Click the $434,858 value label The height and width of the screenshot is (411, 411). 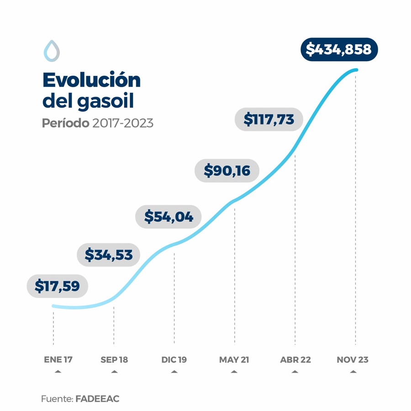coord(339,49)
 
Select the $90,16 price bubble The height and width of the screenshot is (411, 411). coord(227,170)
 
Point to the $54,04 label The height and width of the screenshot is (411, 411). coord(169,216)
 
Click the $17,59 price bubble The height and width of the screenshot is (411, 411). coord(58,286)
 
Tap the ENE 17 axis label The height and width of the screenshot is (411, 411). coord(58,360)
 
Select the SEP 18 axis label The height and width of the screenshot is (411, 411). coord(114,360)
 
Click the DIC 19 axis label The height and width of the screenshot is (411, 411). coord(174,360)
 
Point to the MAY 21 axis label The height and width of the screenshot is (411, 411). coord(234,360)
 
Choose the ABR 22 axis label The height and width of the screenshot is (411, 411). coord(295,360)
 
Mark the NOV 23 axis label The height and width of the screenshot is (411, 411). coord(353,360)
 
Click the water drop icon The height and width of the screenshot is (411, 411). coord(52,51)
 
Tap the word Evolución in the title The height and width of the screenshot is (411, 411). coord(91,80)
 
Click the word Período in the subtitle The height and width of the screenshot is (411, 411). coord(65,123)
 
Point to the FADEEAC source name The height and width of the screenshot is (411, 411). coord(97,399)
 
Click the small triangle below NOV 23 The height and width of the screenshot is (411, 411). coord(353,372)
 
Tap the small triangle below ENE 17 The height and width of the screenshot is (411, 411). coord(58,372)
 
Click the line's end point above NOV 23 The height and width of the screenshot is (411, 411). coord(356,70)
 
